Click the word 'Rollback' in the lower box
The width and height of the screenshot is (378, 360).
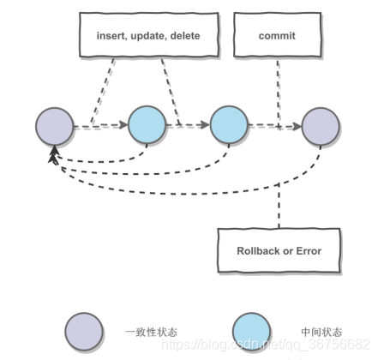(x=259, y=251)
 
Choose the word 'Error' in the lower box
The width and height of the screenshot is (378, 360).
(x=306, y=251)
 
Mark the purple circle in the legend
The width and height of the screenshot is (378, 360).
(x=84, y=330)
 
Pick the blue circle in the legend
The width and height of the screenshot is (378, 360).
(x=251, y=330)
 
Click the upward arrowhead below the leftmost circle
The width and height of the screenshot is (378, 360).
(x=54, y=153)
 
